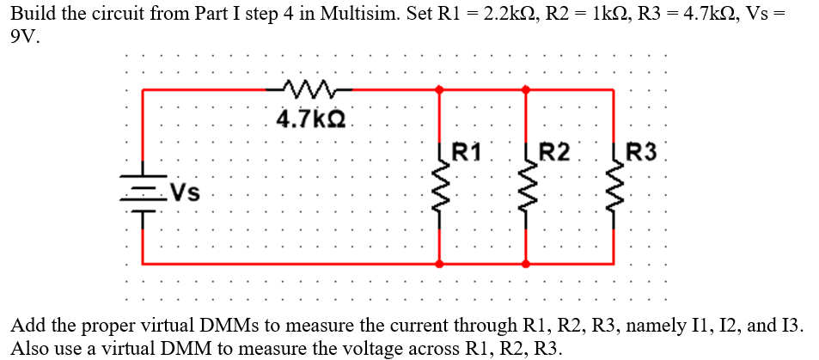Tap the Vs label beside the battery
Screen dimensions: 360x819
(185, 192)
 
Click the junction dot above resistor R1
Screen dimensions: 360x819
(441, 88)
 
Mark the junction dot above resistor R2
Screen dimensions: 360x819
(528, 88)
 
